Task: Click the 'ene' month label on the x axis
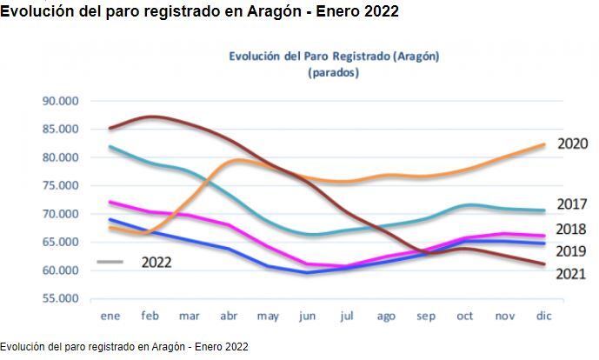point(110,317)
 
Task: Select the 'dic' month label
point(543,317)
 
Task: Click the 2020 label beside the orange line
point(573,144)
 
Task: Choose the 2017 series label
point(573,205)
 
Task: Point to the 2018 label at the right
point(573,230)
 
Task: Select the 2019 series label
point(573,251)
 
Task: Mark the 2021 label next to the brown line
point(573,274)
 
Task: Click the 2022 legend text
point(156,262)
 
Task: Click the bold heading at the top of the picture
point(199,12)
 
